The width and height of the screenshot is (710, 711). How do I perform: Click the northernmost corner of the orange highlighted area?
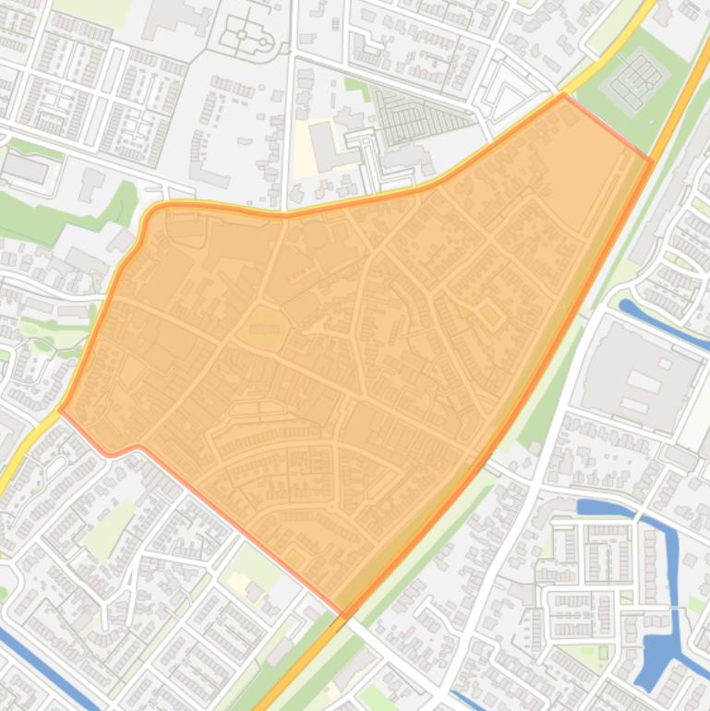563,95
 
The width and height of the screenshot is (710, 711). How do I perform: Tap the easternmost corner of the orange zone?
652,163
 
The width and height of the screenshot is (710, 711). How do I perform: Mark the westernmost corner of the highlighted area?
61,408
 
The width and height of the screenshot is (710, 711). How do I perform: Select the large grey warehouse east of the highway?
637,373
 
